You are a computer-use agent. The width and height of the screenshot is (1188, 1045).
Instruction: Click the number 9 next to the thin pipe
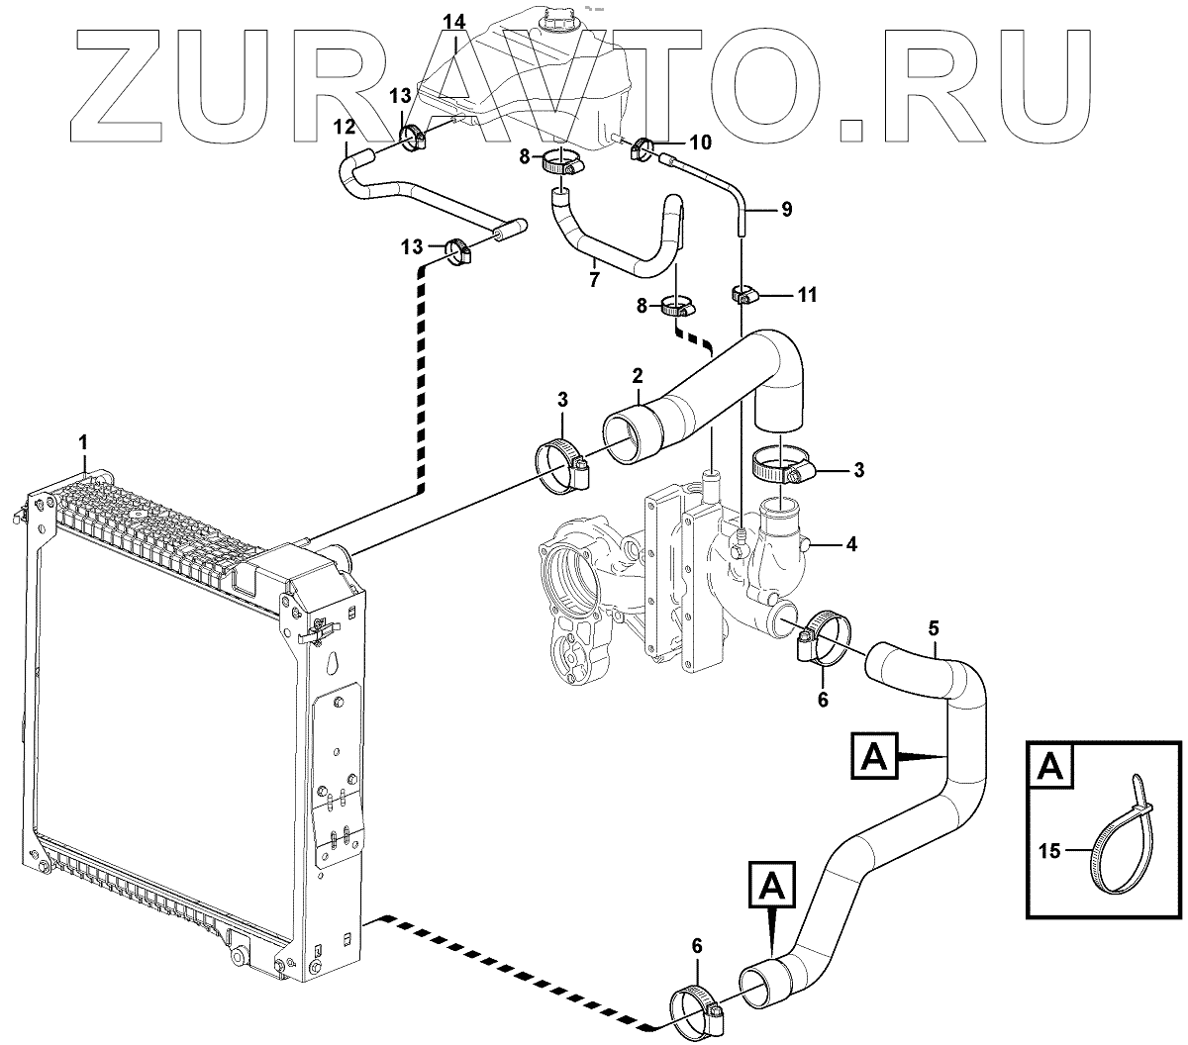pyautogui.click(x=786, y=210)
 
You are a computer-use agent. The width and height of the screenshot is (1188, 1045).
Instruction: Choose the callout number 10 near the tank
pyautogui.click(x=700, y=142)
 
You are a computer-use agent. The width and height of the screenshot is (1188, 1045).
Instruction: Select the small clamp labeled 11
pyautogui.click(x=744, y=294)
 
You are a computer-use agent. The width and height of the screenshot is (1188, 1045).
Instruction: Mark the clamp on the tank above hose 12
pyautogui.click(x=413, y=138)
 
